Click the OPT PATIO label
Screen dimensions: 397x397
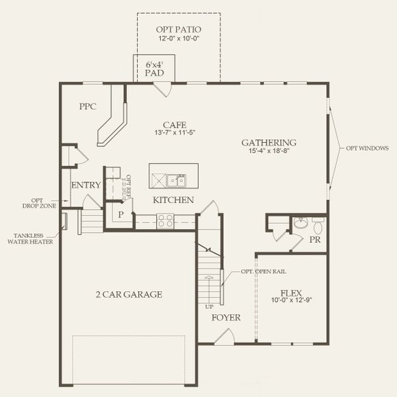click(179, 30)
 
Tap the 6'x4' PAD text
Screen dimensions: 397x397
click(155, 69)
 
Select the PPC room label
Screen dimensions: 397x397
click(88, 106)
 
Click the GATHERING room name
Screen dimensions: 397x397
click(268, 142)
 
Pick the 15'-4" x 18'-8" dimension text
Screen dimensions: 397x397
click(268, 152)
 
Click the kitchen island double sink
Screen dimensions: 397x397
click(176, 179)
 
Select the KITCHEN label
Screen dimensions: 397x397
click(173, 200)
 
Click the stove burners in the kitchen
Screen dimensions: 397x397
click(165, 220)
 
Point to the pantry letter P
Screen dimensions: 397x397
click(121, 215)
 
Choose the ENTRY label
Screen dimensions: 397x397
click(85, 185)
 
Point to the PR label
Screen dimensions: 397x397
click(315, 240)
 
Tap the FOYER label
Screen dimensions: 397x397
click(226, 318)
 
